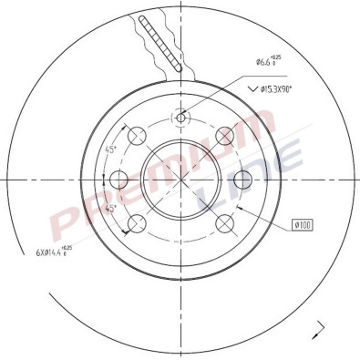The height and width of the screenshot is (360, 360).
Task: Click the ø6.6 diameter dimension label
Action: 267,63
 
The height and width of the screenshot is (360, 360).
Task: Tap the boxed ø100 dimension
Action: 303,223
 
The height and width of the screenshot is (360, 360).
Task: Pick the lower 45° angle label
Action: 111,208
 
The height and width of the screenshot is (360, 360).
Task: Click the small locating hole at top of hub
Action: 180,117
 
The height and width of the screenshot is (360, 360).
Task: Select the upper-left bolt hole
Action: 137,136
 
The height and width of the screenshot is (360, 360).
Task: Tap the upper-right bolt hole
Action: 223,136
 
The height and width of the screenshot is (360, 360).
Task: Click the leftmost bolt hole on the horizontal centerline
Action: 115,180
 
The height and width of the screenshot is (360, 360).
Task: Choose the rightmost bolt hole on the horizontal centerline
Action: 245,180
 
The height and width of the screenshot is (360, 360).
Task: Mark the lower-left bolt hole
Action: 137,223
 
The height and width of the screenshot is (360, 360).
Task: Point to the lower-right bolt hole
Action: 223,223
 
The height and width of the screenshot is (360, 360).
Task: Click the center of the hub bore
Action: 180,180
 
